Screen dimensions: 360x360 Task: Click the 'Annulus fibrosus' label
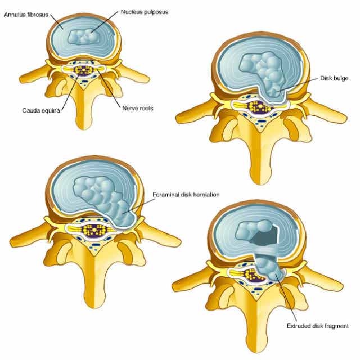(x=26, y=15)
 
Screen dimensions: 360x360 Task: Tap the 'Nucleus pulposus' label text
(x=145, y=12)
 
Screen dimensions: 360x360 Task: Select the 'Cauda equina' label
(x=41, y=110)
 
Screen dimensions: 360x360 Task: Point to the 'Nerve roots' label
(x=137, y=108)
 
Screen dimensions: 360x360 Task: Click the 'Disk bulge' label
(x=334, y=78)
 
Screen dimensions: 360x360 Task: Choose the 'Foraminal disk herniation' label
(x=186, y=195)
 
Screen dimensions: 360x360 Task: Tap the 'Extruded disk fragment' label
(x=318, y=326)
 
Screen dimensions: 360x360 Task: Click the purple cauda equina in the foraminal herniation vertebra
(x=94, y=230)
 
